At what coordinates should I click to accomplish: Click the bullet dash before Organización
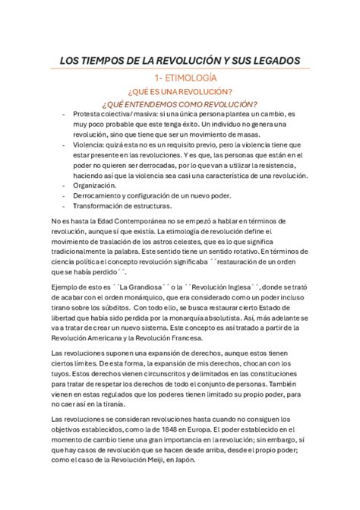pyautogui.click(x=64, y=185)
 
